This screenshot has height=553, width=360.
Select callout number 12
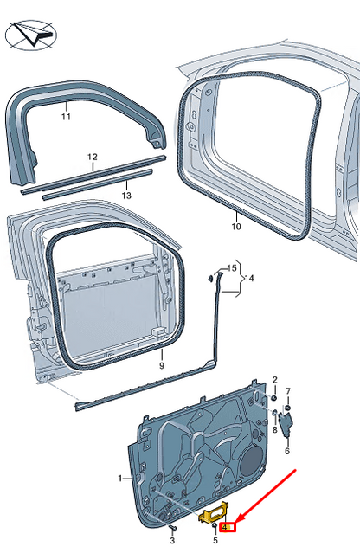(92, 157)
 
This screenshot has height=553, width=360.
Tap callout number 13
(126, 196)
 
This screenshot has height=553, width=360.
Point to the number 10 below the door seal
(235, 228)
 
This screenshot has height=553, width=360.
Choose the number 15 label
(231, 268)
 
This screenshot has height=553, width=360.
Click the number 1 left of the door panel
(120, 478)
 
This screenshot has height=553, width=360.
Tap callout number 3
(172, 541)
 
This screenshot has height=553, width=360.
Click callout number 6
(286, 450)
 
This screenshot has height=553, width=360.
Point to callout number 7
(288, 390)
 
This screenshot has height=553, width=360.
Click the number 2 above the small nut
(274, 380)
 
